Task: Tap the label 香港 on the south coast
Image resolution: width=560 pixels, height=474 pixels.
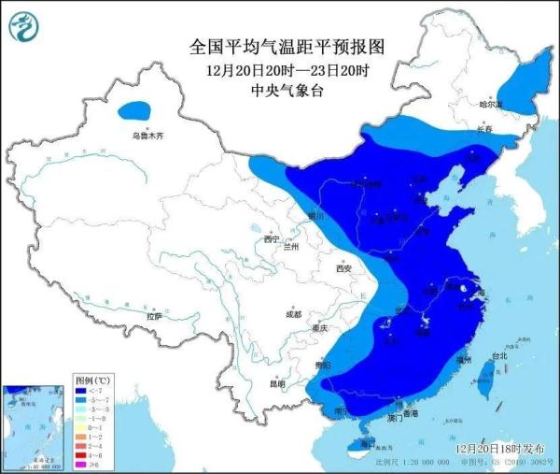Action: coord(409,413)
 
